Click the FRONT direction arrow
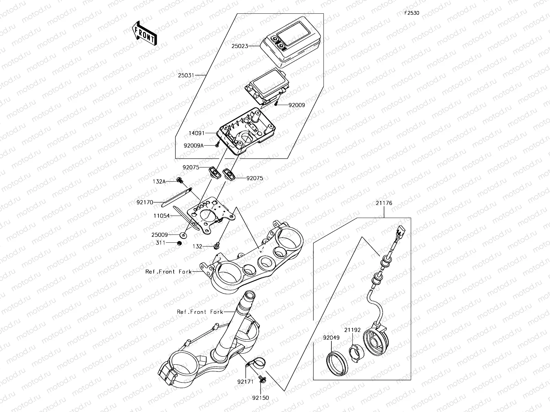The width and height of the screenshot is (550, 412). coord(144,33)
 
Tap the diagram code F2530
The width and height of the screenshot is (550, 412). coord(411,13)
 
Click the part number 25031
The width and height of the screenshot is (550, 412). coord(186,75)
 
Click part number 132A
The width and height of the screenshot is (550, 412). coord(159,181)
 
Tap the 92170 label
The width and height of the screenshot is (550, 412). coord(145,203)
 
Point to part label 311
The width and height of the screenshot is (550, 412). coord(161,243)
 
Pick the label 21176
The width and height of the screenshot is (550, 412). coord(384,203)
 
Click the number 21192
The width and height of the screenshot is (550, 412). coord(352,330)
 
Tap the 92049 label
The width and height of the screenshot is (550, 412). coord(331,338)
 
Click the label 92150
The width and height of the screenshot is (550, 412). coord(260,398)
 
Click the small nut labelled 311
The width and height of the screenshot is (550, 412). coord(179,243)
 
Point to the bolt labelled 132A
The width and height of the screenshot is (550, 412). coord(179,180)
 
